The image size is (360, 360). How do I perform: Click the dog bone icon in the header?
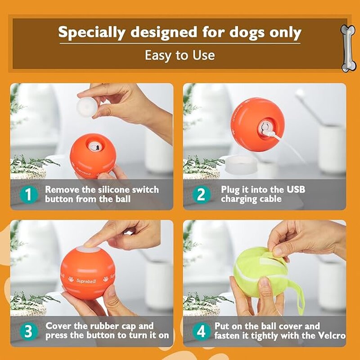click(348, 49)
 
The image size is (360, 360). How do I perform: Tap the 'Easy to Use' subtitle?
click(180, 55)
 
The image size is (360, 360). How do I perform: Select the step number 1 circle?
click(28, 195)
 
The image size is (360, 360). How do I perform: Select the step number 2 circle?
click(201, 195)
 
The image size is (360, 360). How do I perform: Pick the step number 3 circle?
click(28, 332)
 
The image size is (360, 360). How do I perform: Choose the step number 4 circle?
click(201, 332)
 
